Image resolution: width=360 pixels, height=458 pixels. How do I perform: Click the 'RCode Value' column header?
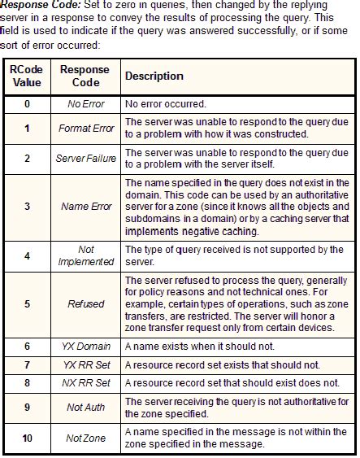tap(27, 76)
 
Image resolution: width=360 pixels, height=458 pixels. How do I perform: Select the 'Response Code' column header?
tap(85, 76)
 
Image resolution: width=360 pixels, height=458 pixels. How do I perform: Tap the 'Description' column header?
tap(154, 76)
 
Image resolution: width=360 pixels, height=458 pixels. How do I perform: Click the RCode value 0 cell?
tap(27, 104)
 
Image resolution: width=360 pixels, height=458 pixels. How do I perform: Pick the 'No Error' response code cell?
tap(85, 104)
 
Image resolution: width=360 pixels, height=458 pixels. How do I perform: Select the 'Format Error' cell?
tap(85, 128)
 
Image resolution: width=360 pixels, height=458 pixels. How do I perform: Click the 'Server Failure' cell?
tap(85, 158)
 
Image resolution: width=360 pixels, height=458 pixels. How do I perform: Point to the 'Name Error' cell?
tap(85, 207)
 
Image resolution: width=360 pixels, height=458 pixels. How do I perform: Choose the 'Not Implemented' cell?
tap(85, 255)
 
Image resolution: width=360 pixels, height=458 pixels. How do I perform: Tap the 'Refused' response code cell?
tap(85, 303)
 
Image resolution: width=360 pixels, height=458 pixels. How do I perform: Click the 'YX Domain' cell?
tap(85, 346)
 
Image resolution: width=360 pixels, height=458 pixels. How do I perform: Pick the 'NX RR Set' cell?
tap(85, 382)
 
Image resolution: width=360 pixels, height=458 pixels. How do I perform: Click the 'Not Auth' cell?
tap(85, 408)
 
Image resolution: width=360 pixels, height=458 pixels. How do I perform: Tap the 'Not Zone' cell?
tap(85, 438)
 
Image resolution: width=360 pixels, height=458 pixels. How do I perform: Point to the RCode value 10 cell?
tap(27, 438)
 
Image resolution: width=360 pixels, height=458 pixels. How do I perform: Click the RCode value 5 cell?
tap(27, 303)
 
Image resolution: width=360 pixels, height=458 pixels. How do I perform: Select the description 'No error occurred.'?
tap(164, 104)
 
